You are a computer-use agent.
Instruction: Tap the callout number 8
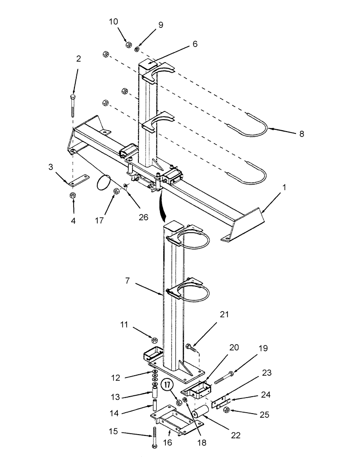pos(301,134)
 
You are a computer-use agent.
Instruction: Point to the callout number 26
pos(143,217)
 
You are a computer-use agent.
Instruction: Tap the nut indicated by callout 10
pos(128,45)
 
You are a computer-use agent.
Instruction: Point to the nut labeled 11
pos(155,340)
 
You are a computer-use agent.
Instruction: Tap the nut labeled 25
pos(226,410)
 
